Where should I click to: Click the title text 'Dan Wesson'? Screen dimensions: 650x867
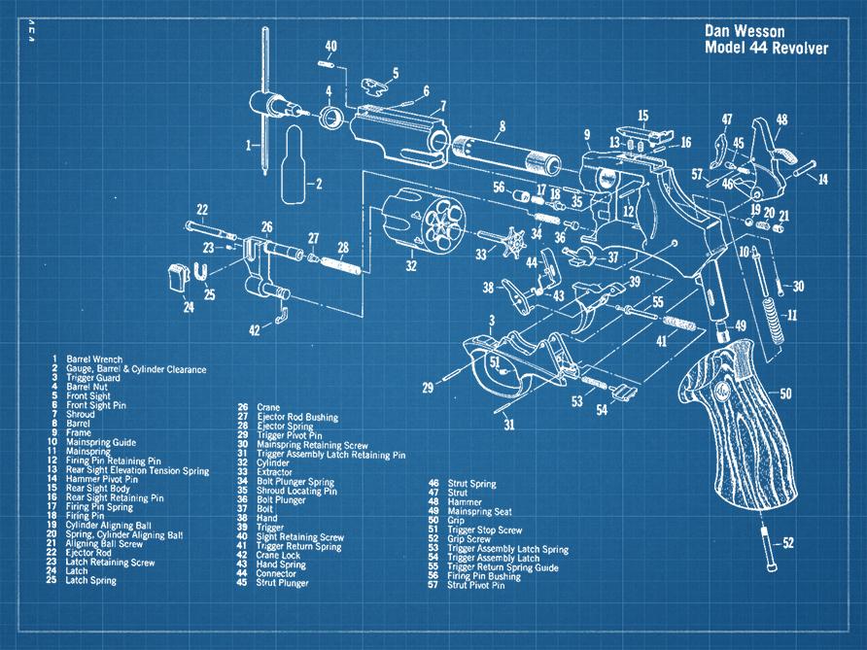[744, 31]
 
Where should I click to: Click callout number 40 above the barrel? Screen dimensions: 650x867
[331, 46]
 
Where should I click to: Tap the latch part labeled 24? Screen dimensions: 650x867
[178, 274]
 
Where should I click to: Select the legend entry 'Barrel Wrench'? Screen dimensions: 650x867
[94, 359]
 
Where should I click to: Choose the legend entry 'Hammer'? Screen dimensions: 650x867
[464, 502]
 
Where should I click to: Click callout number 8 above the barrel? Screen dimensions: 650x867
[502, 125]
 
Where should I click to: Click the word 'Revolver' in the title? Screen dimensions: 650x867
[793, 49]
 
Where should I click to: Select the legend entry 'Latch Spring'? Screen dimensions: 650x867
[90, 581]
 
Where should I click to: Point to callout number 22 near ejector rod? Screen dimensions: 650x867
[202, 209]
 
